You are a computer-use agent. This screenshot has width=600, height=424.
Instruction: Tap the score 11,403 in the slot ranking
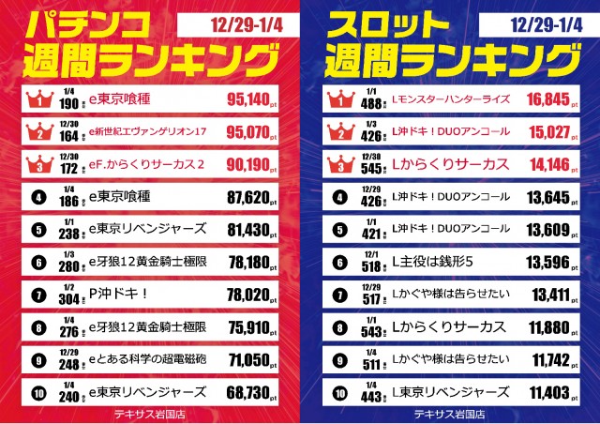(x=548, y=394)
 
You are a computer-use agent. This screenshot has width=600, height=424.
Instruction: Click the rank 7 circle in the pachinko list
(x=40, y=295)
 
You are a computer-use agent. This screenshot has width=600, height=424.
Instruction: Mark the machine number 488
(x=369, y=100)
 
